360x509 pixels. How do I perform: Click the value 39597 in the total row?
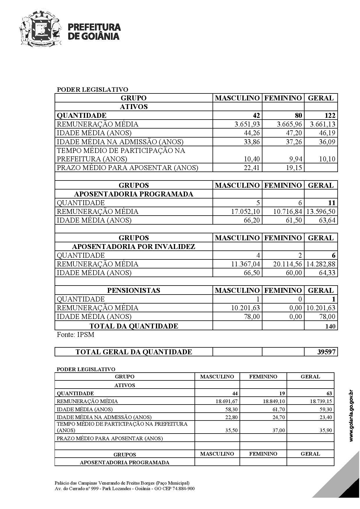click(327, 352)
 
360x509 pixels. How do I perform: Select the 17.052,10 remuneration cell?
click(245, 212)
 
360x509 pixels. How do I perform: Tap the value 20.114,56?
click(287, 264)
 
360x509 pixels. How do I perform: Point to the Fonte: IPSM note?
click(75, 335)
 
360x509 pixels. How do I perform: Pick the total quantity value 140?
click(330, 326)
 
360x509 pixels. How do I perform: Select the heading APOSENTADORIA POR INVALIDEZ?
click(134, 247)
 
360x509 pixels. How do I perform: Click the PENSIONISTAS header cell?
click(134, 290)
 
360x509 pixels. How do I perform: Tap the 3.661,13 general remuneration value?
click(323, 124)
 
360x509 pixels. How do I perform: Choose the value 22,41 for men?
click(252, 168)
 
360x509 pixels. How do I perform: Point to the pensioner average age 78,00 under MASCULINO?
click(252, 317)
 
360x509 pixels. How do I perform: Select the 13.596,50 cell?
click(321, 212)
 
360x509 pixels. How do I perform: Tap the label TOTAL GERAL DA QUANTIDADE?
click(134, 352)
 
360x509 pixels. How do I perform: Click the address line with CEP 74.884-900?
click(125, 488)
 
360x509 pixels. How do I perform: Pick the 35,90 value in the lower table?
click(325, 430)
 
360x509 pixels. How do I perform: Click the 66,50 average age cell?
click(252, 273)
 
